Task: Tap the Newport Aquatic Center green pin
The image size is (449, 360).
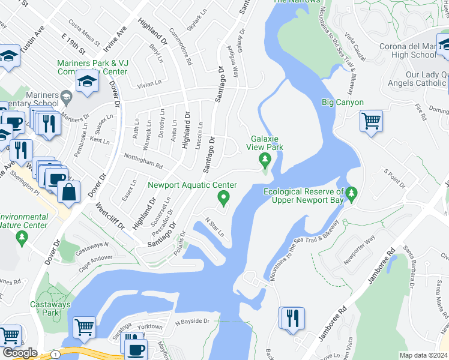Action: (x=223, y=196)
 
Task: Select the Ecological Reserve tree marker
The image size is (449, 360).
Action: (x=352, y=193)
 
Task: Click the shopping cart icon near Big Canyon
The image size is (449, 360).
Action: (x=371, y=121)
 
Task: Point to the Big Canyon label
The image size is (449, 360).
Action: (x=343, y=103)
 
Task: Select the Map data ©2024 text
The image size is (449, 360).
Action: (x=423, y=355)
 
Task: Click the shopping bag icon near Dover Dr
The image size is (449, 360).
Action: (x=70, y=192)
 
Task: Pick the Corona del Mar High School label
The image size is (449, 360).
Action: (x=408, y=50)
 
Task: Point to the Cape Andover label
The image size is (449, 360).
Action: (x=95, y=258)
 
